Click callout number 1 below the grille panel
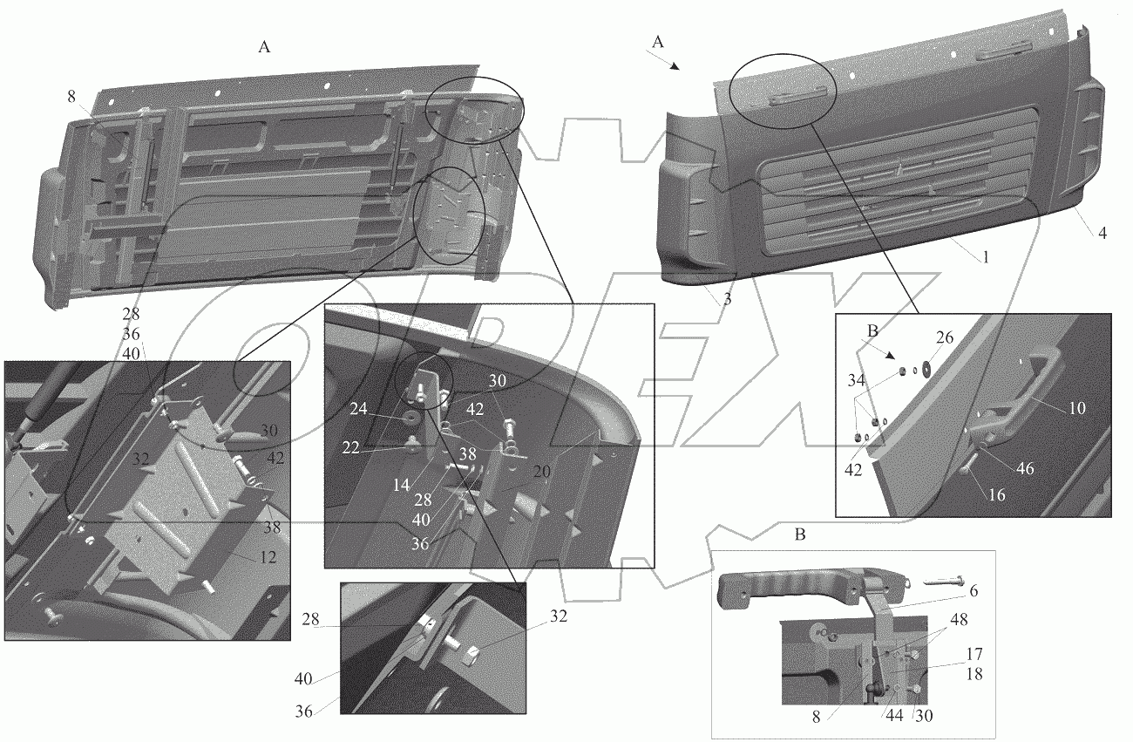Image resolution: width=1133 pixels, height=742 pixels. [986, 257]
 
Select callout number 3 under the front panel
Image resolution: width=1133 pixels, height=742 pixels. [728, 299]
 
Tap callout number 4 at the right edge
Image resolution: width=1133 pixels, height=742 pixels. [1102, 233]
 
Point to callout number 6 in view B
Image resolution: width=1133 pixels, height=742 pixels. [973, 590]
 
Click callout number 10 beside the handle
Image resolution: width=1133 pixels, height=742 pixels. [1077, 408]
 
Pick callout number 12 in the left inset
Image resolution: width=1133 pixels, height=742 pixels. [268, 557]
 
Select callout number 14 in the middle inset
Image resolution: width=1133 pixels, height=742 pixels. [401, 485]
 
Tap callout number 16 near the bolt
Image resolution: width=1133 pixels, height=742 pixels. [996, 494]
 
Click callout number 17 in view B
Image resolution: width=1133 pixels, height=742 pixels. [974, 654]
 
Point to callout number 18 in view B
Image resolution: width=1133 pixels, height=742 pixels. [974, 674]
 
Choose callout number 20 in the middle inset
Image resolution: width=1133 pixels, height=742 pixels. [541, 471]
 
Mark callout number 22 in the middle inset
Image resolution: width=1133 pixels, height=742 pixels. [350, 447]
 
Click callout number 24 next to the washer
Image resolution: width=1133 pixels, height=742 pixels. [358, 408]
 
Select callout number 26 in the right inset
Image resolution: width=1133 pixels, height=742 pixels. [945, 337]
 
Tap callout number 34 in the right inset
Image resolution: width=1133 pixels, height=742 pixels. [856, 379]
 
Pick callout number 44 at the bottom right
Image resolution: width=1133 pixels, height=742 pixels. [894, 715]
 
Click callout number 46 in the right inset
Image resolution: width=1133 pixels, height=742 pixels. [1025, 468]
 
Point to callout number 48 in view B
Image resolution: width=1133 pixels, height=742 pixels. [959, 619]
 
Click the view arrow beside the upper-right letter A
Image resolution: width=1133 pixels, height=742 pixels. [663, 59]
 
